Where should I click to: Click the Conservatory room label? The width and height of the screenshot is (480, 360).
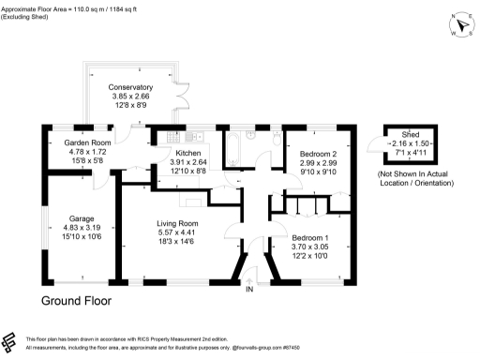click(x=130, y=87)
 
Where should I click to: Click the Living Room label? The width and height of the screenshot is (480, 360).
click(x=177, y=222)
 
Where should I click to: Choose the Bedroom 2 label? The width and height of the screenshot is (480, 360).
click(x=317, y=152)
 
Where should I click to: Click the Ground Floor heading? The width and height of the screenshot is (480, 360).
click(x=76, y=302)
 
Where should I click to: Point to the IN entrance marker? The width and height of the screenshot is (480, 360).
click(x=249, y=290)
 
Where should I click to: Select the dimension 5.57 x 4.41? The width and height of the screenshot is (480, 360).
click(x=177, y=232)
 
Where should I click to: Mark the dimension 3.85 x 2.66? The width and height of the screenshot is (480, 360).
click(x=130, y=97)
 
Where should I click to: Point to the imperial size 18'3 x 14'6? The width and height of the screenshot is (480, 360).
click(x=177, y=242)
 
